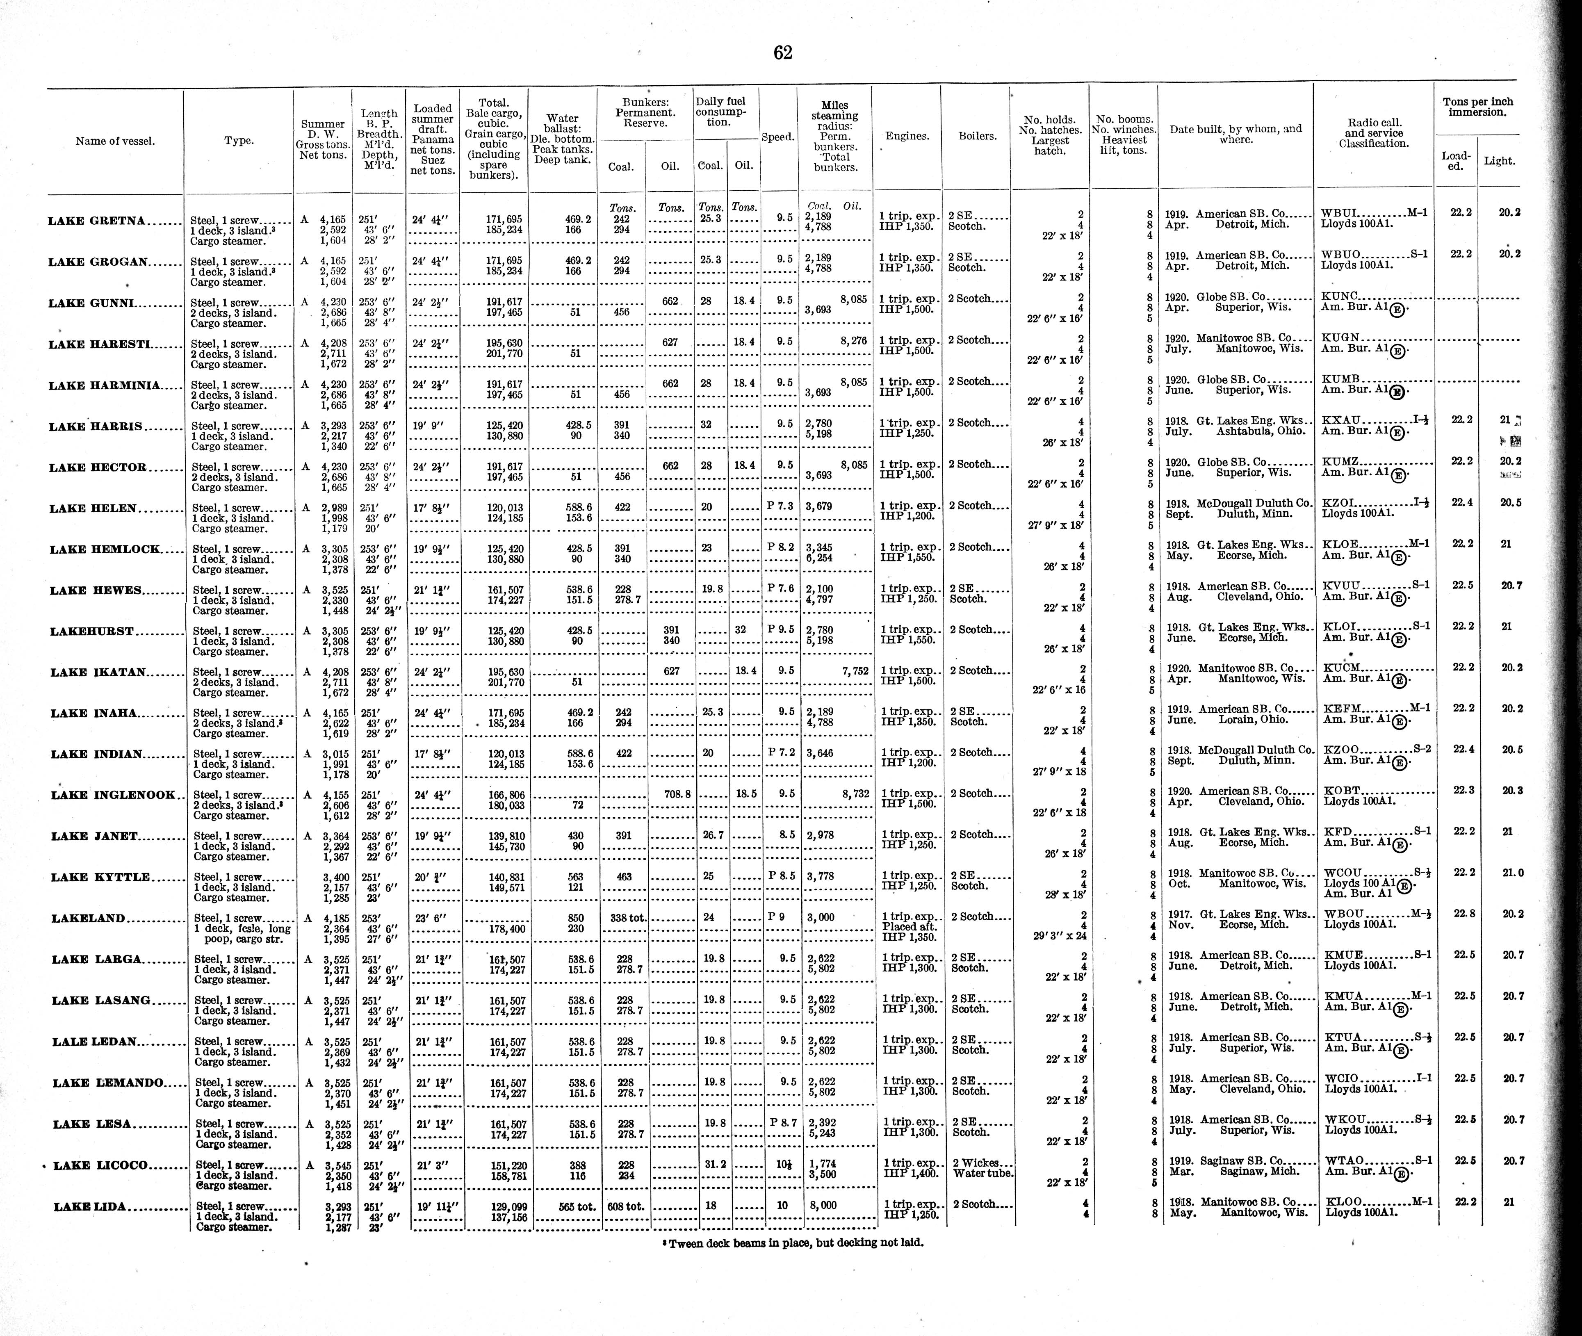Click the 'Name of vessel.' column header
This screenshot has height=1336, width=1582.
coord(115,141)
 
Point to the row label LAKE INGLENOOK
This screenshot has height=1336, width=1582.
coord(114,795)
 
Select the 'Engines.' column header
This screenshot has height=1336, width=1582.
coord(907,136)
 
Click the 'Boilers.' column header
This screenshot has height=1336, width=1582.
coord(977,136)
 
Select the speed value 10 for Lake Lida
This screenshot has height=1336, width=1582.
coord(782,1205)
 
